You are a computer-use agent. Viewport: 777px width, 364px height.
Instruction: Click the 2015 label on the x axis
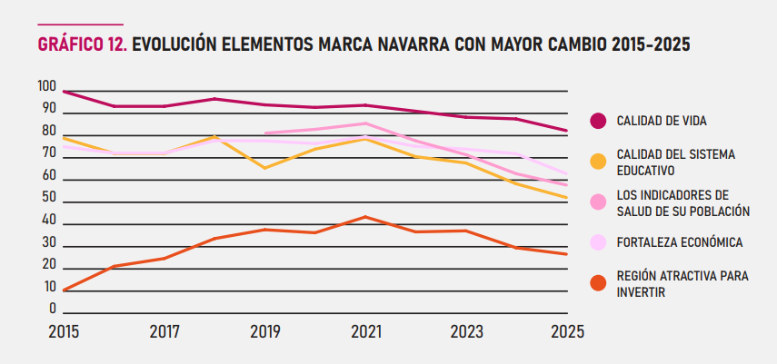(64, 332)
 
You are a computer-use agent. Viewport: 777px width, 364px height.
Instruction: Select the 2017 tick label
(164, 332)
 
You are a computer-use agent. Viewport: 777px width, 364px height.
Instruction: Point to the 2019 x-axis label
(265, 332)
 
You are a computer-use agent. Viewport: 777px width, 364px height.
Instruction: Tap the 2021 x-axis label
(365, 332)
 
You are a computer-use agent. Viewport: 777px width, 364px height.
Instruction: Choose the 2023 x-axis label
(467, 332)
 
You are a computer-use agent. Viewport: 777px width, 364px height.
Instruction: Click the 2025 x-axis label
(567, 332)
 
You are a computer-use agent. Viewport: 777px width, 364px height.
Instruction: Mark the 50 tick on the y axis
(47, 199)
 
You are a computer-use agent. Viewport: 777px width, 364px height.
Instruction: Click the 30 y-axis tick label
(47, 243)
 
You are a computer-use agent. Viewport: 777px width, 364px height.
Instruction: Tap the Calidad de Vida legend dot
(598, 121)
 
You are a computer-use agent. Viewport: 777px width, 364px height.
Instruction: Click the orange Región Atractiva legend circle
(598, 283)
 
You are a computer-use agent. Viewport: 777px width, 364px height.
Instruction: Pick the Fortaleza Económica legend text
(680, 242)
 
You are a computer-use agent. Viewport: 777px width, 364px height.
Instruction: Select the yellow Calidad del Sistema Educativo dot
(598, 162)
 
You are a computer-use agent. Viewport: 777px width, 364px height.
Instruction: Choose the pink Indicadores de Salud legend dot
(598, 202)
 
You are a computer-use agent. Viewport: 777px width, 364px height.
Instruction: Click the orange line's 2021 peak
(365, 217)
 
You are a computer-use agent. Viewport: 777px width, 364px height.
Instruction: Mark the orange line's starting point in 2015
(65, 290)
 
